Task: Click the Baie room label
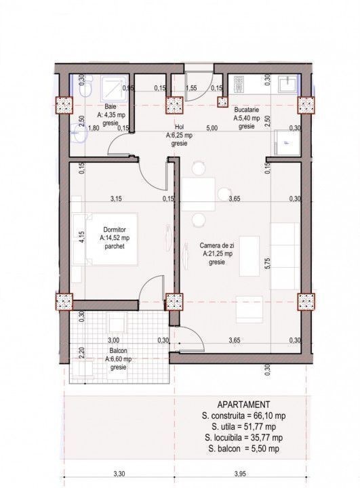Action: tap(111, 106)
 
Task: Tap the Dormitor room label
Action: tap(115, 230)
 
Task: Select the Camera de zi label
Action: tap(217, 245)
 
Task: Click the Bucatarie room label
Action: tap(247, 110)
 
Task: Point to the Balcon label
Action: tap(119, 351)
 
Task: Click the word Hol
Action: tap(180, 127)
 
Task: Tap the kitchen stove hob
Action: tap(239, 85)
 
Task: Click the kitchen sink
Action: tap(287, 83)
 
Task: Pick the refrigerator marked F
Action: tap(287, 142)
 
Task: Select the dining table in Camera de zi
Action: tap(198, 195)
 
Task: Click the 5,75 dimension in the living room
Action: tap(268, 263)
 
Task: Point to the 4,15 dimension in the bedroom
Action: tap(81, 237)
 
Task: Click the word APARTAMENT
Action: tap(243, 405)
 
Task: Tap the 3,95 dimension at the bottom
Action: tap(240, 474)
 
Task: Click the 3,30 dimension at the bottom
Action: tap(119, 474)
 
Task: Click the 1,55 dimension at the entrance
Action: tap(191, 88)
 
